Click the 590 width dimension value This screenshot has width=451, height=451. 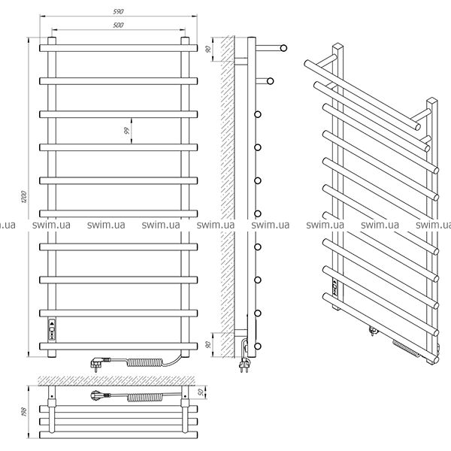118,11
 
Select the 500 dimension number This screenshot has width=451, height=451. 118,25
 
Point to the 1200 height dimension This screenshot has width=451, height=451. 24,197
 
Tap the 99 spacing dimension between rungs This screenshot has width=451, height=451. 126,131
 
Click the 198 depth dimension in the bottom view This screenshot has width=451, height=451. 24,412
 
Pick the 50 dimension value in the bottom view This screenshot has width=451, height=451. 201,392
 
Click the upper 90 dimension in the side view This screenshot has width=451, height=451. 209,49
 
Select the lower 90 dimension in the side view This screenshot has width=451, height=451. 209,344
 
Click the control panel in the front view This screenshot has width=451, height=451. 52,330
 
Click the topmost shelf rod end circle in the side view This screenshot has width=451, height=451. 283,48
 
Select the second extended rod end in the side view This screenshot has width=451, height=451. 270,81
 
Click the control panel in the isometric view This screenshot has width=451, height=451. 334,287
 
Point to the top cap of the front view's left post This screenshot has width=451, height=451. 52,39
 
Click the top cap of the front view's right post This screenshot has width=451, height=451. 185,39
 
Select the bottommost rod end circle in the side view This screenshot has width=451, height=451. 258,346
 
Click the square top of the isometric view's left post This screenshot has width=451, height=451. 338,47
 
